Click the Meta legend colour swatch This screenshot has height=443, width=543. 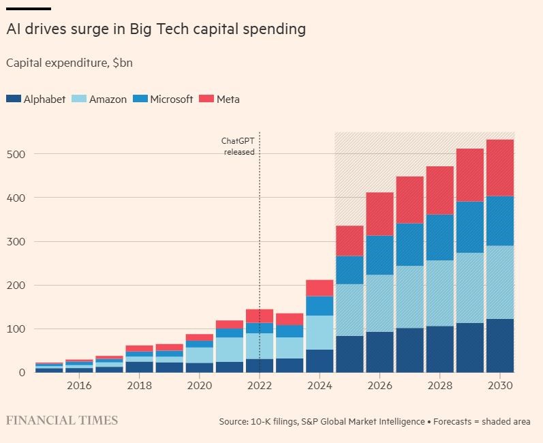click(206, 100)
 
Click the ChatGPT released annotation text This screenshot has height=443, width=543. click(238, 147)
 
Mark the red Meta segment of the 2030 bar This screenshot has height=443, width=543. click(499, 168)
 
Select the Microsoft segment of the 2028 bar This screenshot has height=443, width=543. click(439, 237)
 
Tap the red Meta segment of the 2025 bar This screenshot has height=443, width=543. click(350, 241)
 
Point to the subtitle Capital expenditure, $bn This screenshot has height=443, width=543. click(69, 63)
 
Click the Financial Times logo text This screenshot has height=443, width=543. click(62, 421)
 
